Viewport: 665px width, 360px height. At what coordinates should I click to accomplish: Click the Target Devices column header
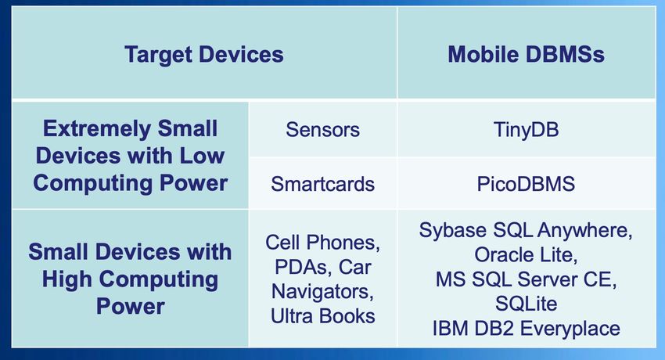coord(204,55)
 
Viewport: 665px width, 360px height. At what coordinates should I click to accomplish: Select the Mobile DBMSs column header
coord(526,54)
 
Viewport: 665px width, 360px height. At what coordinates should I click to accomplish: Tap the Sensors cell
coord(323,129)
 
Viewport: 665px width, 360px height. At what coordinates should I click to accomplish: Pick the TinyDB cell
coord(526,130)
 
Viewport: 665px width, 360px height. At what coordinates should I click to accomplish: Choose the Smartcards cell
coord(323,184)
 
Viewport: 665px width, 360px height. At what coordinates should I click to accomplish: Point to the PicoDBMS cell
coord(526,184)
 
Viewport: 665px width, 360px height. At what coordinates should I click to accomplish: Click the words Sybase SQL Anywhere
coord(525,231)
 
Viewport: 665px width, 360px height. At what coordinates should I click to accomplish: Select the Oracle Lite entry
coord(526,255)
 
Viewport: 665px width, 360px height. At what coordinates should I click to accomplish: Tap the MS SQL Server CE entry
coord(526,279)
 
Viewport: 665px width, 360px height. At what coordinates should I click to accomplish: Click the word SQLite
coord(526,304)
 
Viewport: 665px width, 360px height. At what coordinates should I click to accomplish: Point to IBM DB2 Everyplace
coord(526,329)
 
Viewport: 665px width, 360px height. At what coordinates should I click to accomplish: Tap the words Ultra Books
coord(323,316)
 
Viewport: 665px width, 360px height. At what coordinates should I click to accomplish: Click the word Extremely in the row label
coord(97,129)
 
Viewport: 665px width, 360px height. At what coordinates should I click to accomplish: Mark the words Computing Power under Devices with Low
coord(130,183)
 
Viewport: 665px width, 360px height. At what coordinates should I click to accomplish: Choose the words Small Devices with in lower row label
coord(130,251)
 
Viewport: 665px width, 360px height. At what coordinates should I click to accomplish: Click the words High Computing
coord(130,279)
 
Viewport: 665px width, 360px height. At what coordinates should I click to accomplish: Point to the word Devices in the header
coord(241,54)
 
